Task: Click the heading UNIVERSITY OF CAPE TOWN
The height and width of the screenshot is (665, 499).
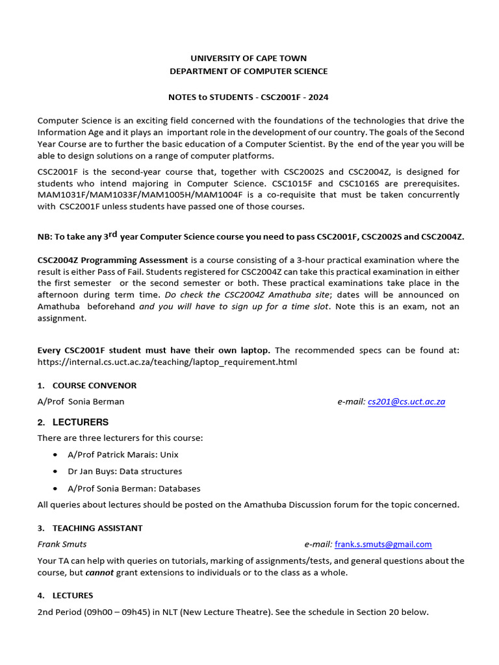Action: point(248,58)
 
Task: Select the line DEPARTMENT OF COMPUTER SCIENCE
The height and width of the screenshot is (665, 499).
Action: point(248,71)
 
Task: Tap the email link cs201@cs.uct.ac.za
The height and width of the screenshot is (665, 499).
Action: point(406,402)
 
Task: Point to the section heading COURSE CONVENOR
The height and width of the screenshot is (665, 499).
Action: point(94,386)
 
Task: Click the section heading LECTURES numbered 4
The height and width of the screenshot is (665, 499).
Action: point(73,596)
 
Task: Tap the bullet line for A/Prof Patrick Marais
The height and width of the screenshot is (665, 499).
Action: point(123,455)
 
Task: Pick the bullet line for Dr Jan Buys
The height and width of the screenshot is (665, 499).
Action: point(125,471)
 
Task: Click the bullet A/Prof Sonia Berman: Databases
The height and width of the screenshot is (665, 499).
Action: point(134,488)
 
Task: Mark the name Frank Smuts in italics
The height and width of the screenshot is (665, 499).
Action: point(62,544)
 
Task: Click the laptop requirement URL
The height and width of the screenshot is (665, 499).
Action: point(167,362)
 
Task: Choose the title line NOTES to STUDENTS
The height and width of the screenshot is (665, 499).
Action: point(248,97)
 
